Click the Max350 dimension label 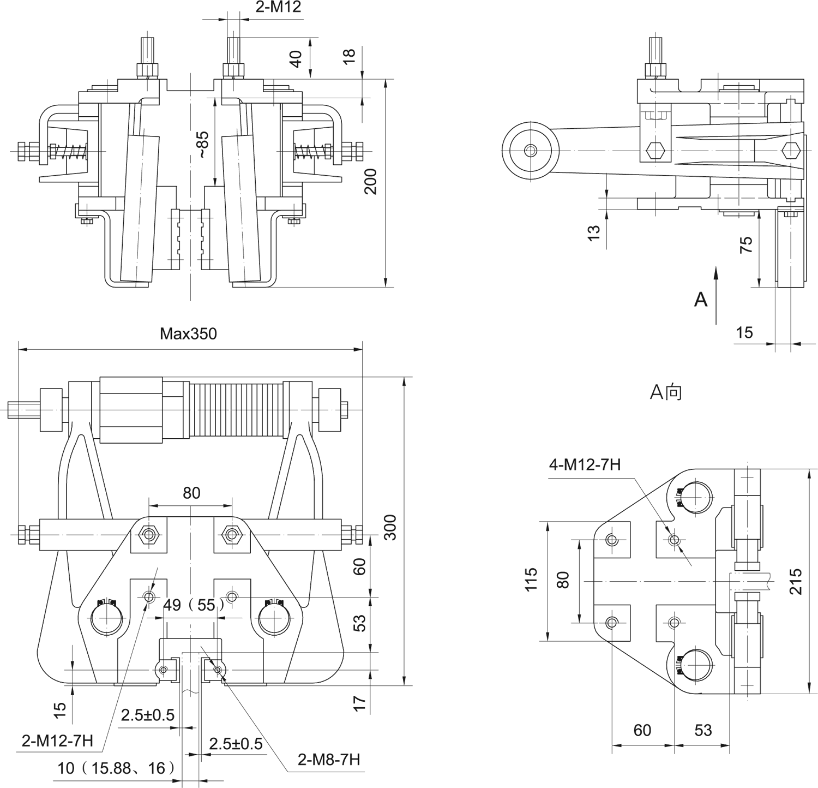pyautogui.click(x=188, y=333)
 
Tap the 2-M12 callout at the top pyautogui.click(x=278, y=7)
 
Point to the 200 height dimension pyautogui.click(x=371, y=182)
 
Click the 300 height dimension pyautogui.click(x=389, y=527)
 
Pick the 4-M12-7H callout pyautogui.click(x=585, y=464)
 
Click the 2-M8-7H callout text pyautogui.click(x=329, y=759)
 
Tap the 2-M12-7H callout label pyautogui.click(x=57, y=741)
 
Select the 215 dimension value pyautogui.click(x=796, y=582)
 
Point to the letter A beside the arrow pyautogui.click(x=700, y=299)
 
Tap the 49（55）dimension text pyautogui.click(x=194, y=605)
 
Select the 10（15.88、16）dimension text pyautogui.click(x=117, y=768)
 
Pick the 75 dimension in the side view pyautogui.click(x=746, y=243)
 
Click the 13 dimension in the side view pyautogui.click(x=594, y=231)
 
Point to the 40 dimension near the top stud pyautogui.click(x=296, y=58)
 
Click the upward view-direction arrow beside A pyautogui.click(x=717, y=295)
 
